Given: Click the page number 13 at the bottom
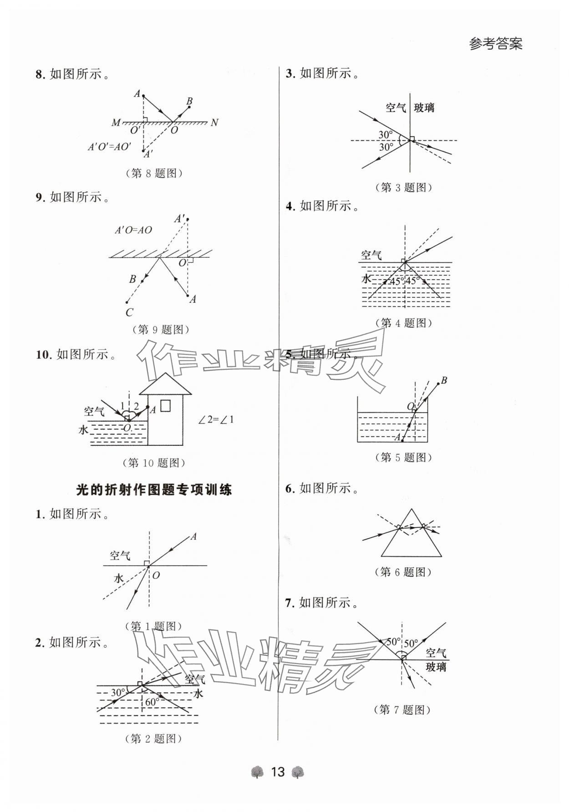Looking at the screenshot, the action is click(278, 772).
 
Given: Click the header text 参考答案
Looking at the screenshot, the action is click(496, 44).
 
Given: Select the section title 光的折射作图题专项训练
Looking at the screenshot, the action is click(154, 490).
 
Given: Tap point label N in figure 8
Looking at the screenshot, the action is click(214, 123).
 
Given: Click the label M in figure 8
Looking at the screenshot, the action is click(116, 123).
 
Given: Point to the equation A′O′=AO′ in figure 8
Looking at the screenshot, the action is click(109, 147).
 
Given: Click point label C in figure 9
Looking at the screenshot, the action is click(129, 312).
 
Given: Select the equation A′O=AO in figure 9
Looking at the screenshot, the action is click(133, 230).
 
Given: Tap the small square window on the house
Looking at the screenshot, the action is click(165, 405).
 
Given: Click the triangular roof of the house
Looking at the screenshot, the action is click(165, 385).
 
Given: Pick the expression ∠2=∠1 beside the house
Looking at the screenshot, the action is click(216, 419).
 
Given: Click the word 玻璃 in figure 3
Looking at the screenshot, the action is click(424, 108).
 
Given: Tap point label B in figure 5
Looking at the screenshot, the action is click(444, 380).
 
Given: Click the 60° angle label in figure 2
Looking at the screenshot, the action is click(152, 702).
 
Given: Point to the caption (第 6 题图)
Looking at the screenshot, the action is click(403, 572).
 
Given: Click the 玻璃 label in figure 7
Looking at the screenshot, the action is click(436, 667).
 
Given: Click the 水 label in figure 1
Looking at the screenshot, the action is click(119, 578).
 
